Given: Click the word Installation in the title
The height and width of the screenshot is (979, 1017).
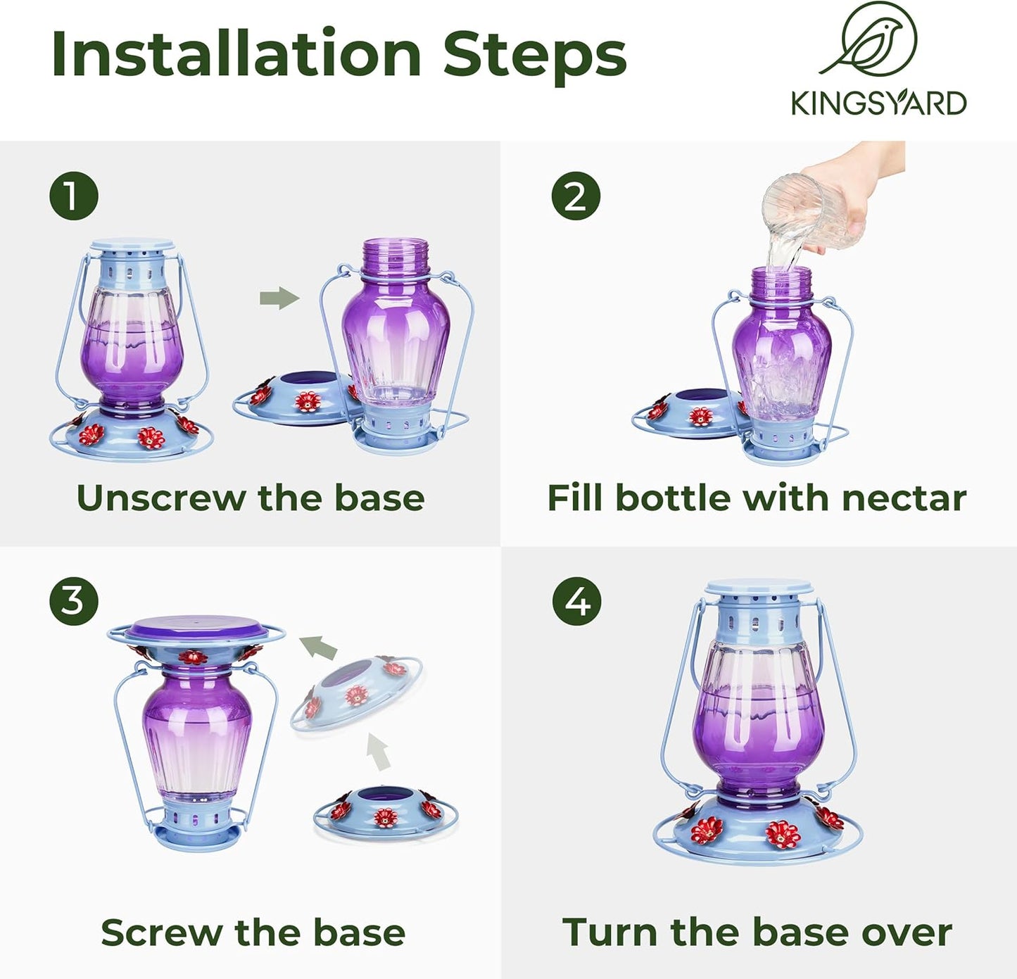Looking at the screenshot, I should (236, 55).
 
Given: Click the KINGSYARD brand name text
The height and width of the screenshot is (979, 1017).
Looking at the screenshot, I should (878, 103).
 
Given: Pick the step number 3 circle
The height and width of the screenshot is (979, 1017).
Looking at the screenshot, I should (73, 601).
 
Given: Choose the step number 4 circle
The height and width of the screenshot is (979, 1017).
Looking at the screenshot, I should (576, 601).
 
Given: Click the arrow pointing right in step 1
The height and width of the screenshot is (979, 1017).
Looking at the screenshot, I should (279, 298).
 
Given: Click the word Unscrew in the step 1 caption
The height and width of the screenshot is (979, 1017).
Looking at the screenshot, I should (161, 498).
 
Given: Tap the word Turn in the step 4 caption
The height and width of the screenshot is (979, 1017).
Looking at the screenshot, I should (611, 933).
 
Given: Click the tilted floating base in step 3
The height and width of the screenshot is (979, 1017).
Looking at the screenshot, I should (355, 697).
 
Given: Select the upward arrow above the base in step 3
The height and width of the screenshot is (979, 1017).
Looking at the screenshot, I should (379, 752).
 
